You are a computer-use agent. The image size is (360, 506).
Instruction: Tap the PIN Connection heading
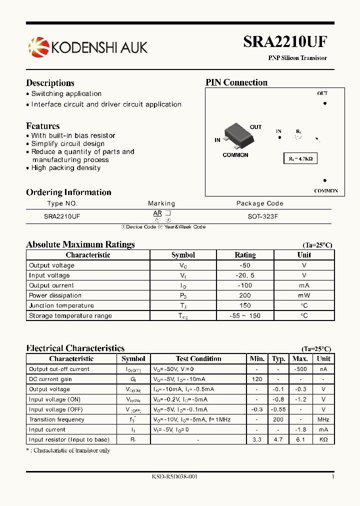coord(236,82)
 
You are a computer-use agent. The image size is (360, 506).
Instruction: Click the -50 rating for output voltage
coord(245,265)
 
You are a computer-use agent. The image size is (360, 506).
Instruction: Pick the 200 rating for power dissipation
coord(245,295)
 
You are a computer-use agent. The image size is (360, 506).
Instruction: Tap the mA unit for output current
coord(304,285)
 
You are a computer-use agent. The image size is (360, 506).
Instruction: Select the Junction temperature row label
coord(61,305)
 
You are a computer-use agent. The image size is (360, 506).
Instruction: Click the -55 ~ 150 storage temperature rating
coord(245,315)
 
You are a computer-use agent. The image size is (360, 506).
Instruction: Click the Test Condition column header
coord(198,358)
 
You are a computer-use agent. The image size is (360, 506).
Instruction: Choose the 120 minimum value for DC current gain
coord(257,379)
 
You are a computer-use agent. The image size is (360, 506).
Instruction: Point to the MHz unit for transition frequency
coord(323,419)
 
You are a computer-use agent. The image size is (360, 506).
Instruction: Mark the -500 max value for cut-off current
coord(300,369)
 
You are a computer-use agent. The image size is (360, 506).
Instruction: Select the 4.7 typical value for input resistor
coord(278,439)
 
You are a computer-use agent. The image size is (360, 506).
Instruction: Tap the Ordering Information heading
coord(68,192)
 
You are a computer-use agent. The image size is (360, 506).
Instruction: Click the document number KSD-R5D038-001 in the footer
coord(174,477)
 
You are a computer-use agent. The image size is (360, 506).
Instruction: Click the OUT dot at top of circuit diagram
coord(324,103)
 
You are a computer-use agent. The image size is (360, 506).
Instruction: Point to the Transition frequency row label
coord(56,419)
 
